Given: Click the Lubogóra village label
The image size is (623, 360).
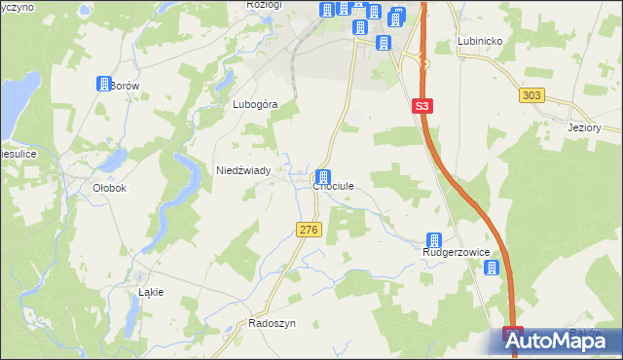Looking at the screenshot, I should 256,104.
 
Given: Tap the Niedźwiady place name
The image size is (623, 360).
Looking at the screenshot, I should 249,169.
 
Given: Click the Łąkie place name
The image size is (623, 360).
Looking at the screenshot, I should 151,292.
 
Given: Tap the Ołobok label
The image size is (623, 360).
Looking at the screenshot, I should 109,188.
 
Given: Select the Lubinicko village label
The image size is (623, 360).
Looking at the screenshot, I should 479,42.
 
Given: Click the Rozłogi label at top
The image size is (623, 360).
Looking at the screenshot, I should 264,5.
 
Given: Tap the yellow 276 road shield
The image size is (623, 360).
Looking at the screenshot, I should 308,229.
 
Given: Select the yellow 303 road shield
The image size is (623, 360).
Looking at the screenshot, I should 531,94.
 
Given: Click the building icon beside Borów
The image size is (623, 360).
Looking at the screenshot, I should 104,84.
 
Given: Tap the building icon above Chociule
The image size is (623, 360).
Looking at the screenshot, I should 322,177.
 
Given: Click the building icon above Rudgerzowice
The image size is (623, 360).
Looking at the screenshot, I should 434,240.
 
